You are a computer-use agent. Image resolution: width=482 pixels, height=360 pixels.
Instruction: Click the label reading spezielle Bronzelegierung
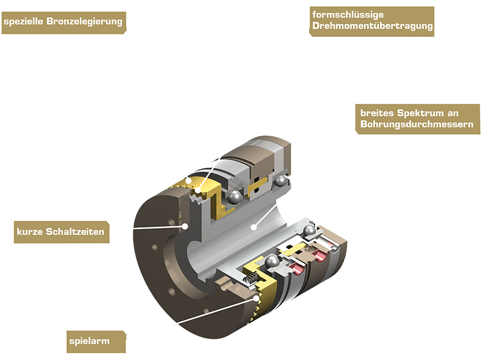[x=64, y=22]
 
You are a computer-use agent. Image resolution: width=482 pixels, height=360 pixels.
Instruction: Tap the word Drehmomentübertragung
[x=372, y=26]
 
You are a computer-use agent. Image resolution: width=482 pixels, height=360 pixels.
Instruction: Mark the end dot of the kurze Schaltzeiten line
[x=186, y=226]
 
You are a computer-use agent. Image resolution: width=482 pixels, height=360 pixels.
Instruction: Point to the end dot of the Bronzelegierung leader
[x=189, y=179]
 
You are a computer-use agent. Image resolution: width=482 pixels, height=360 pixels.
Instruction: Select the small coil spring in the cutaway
[x=253, y=279]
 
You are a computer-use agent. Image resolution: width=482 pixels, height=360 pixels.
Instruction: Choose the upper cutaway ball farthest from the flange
[x=280, y=181]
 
